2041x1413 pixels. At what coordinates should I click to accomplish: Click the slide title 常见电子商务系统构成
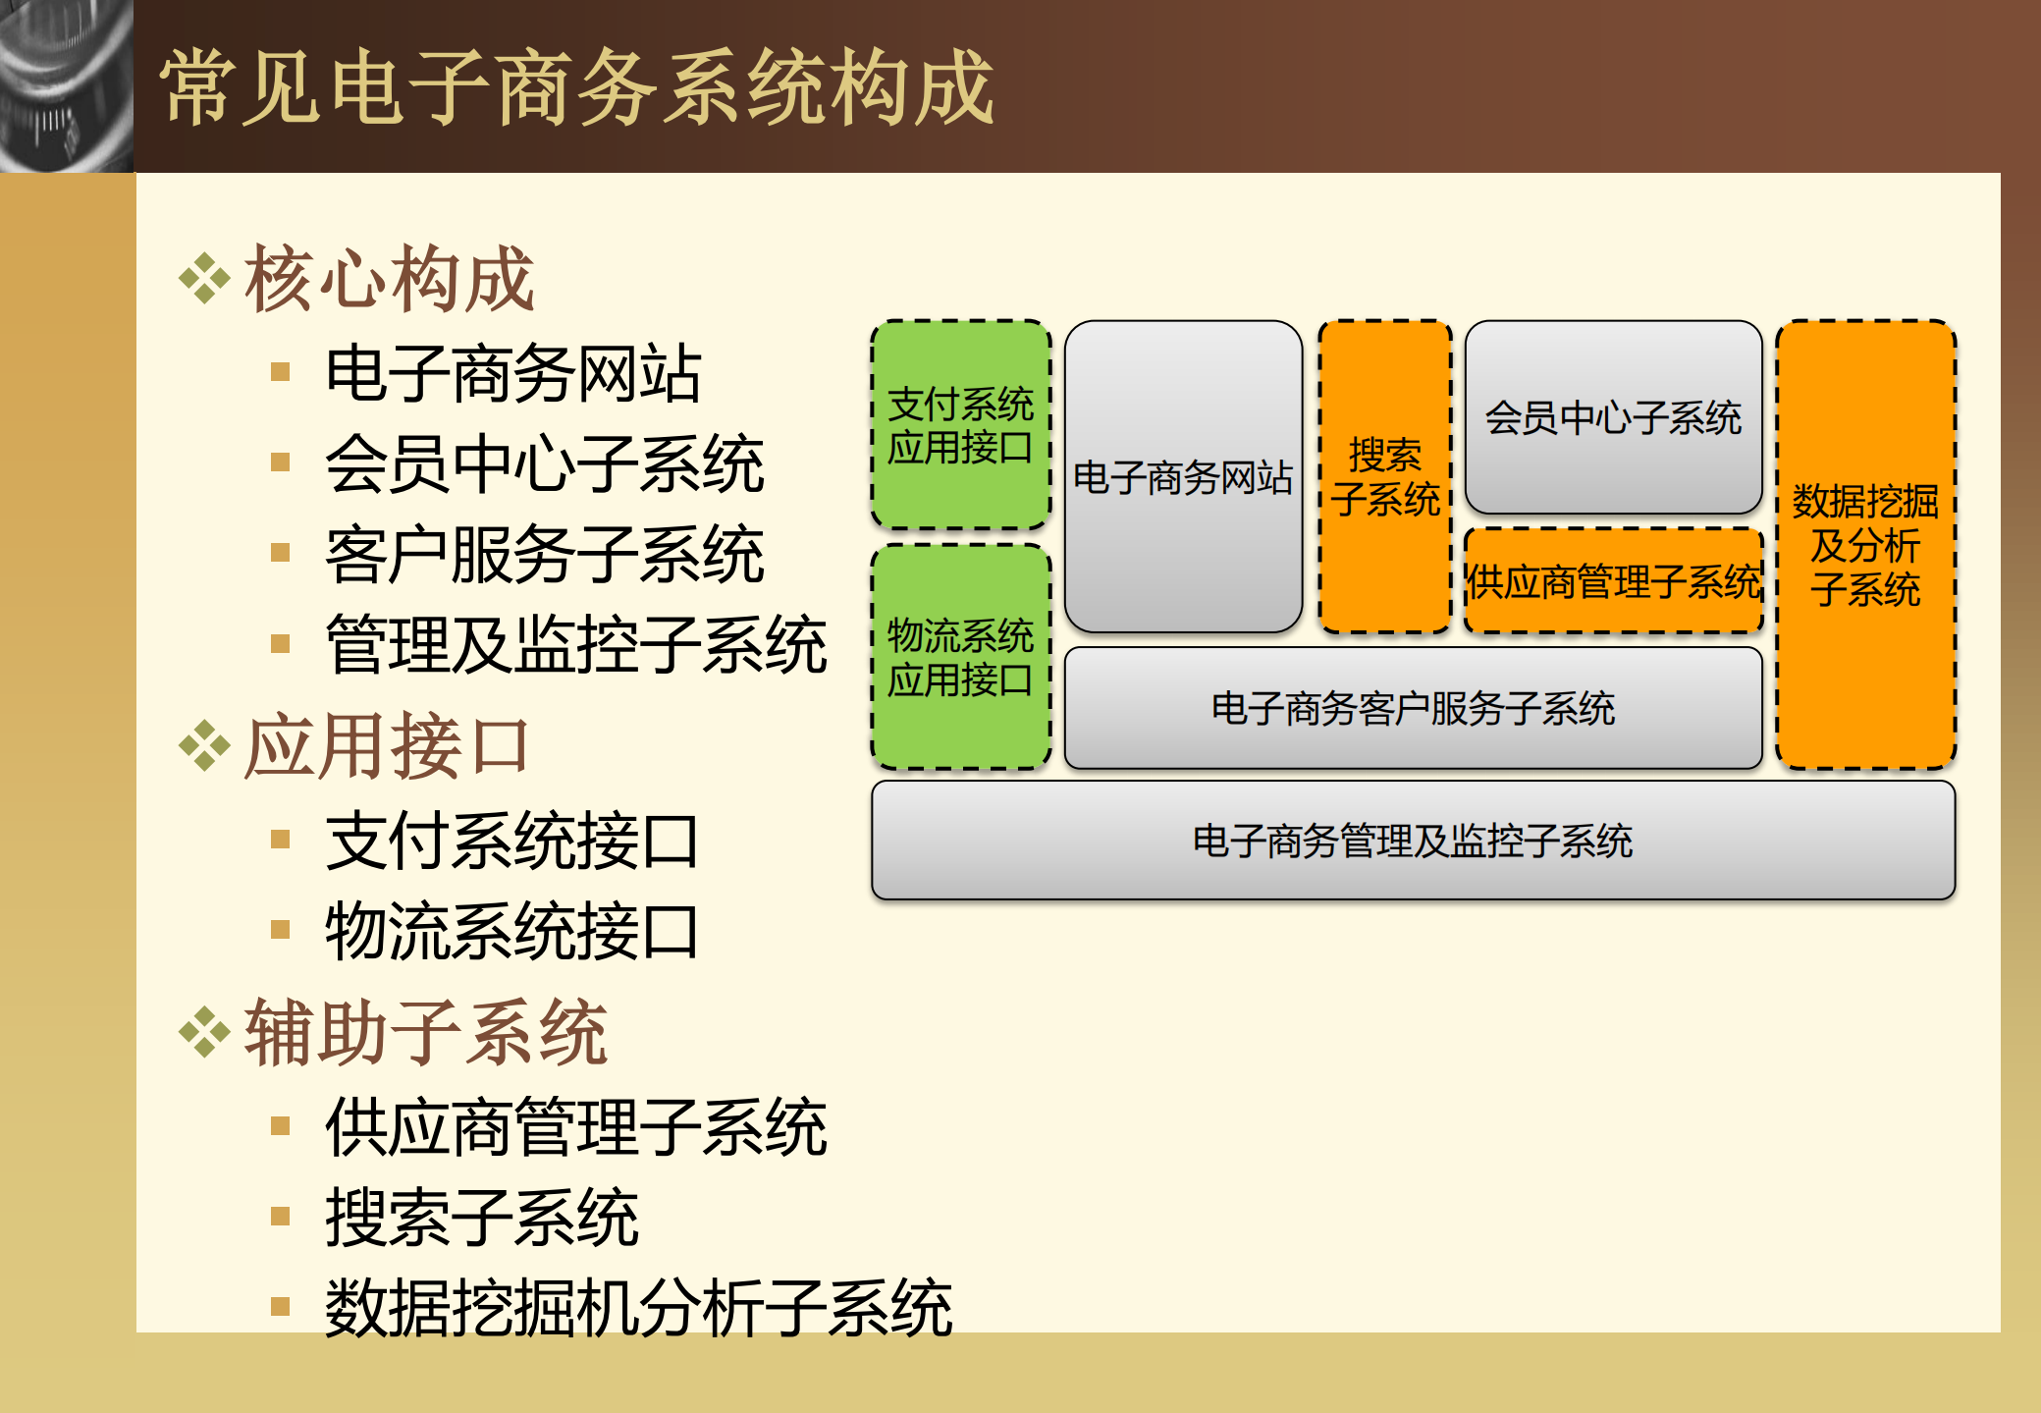click(577, 88)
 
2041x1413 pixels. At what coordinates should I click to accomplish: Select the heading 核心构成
click(389, 279)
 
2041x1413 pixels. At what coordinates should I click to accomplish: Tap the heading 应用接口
click(387, 746)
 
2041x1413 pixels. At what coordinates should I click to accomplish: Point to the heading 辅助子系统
click(425, 1032)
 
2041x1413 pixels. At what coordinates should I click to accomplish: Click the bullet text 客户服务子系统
click(544, 555)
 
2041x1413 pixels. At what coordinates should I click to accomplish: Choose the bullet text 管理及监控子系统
click(575, 645)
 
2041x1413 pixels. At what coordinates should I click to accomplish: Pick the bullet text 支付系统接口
click(511, 842)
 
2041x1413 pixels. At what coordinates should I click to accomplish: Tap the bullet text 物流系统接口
click(511, 932)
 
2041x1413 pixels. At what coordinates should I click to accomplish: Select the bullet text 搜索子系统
click(481, 1218)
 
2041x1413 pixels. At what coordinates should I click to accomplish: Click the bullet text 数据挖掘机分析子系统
click(638, 1308)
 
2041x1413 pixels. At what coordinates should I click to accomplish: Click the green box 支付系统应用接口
click(960, 424)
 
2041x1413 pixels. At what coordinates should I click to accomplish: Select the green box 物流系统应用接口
click(960, 656)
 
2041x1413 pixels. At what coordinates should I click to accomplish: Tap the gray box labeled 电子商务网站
click(1183, 477)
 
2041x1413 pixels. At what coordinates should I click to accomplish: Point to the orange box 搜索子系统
click(1384, 477)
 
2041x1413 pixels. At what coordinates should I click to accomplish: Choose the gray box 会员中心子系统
click(1613, 417)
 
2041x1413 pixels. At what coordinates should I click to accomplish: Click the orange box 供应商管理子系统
click(1613, 581)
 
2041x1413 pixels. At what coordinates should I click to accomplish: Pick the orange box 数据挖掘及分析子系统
click(1865, 545)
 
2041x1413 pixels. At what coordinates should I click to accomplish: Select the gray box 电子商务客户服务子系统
click(1413, 708)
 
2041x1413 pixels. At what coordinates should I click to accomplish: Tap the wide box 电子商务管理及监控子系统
click(1413, 841)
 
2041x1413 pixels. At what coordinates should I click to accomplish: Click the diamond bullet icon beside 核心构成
click(204, 279)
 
